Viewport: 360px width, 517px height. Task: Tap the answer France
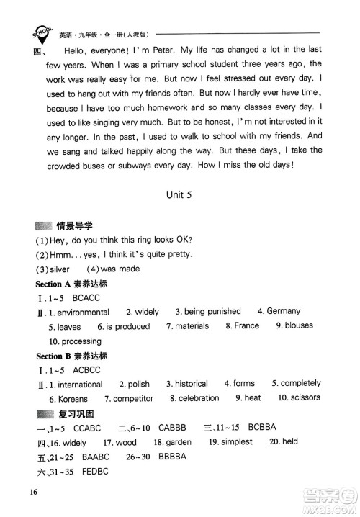point(245,325)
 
